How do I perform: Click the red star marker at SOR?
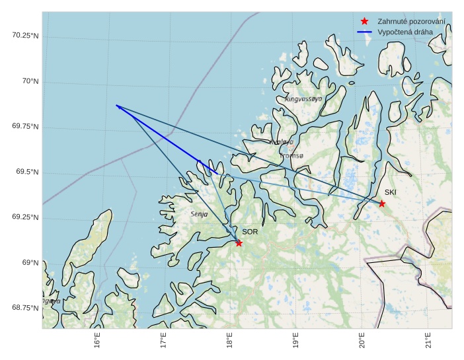click(x=239, y=243)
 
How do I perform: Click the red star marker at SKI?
click(x=381, y=203)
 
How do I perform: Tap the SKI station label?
click(x=391, y=192)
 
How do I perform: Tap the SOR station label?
click(x=249, y=232)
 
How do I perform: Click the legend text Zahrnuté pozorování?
click(x=410, y=22)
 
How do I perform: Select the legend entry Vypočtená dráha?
click(x=405, y=32)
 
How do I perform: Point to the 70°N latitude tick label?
click(x=30, y=81)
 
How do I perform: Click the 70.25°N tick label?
click(x=26, y=35)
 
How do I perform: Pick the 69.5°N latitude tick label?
click(x=28, y=172)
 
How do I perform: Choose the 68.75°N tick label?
click(x=26, y=308)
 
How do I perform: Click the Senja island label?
click(x=199, y=214)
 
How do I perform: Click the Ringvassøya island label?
click(x=303, y=98)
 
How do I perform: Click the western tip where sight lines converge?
click(x=116, y=106)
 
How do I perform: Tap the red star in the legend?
click(x=364, y=22)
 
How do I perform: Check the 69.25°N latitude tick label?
click(x=26, y=217)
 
